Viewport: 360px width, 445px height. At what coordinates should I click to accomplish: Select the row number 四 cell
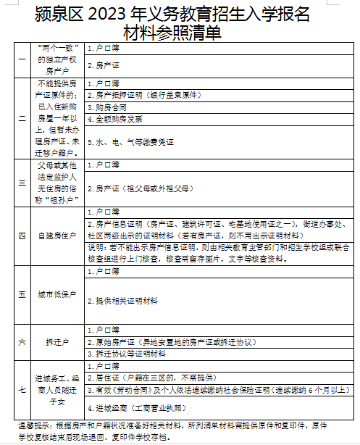[21, 236]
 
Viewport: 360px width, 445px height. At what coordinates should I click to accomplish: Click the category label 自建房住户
[56, 236]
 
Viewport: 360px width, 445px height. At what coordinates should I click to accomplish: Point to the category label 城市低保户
[56, 295]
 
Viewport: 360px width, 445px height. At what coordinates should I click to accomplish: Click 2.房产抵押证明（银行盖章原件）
[143, 95]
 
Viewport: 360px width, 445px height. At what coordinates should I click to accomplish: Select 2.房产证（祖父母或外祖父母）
[138, 188]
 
